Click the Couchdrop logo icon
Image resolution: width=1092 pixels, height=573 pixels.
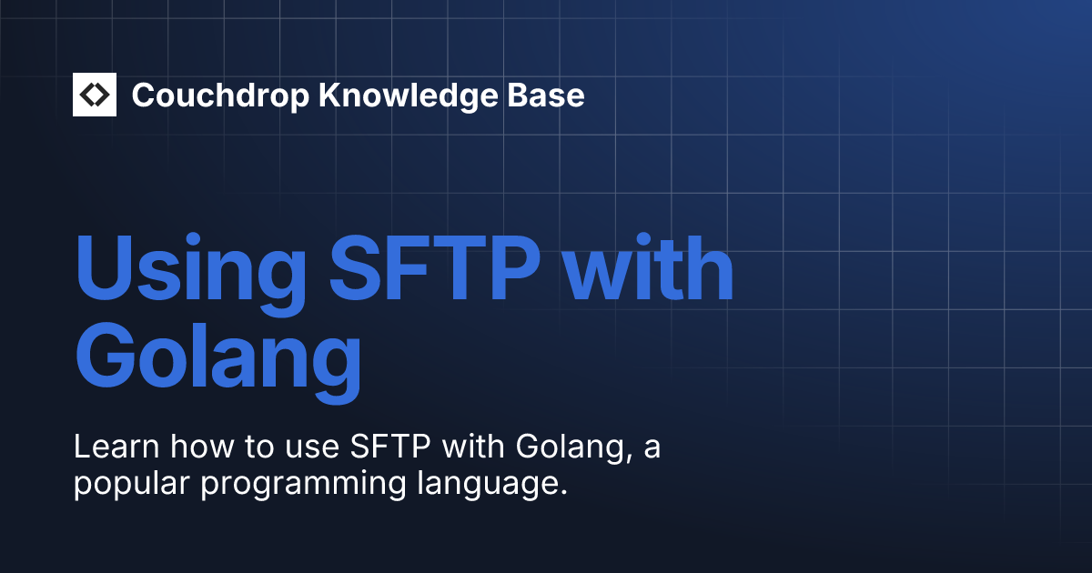(x=95, y=95)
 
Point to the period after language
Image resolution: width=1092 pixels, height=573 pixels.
(x=563, y=492)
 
